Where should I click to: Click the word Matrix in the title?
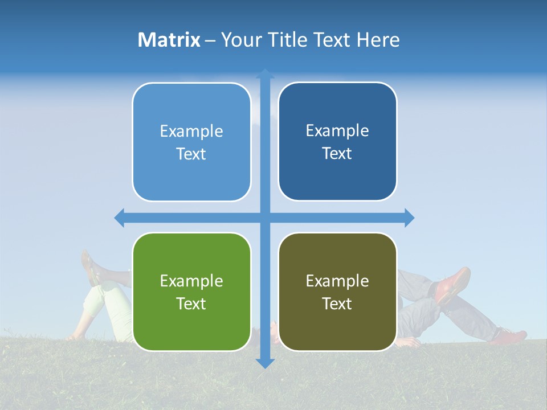pyautogui.click(x=169, y=40)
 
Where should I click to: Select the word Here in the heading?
pyautogui.click(x=378, y=40)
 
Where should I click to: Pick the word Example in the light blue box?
pyautogui.click(x=191, y=131)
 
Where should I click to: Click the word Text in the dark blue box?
pyautogui.click(x=337, y=154)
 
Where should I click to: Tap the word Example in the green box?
pyautogui.click(x=191, y=281)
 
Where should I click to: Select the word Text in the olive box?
pyautogui.click(x=337, y=304)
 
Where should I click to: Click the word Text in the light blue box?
pyautogui.click(x=191, y=154)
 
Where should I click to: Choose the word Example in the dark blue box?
pyautogui.click(x=337, y=130)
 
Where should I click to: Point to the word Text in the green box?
pyautogui.click(x=191, y=304)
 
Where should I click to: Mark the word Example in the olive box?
pyautogui.click(x=337, y=281)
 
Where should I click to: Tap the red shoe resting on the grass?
pyautogui.click(x=508, y=337)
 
